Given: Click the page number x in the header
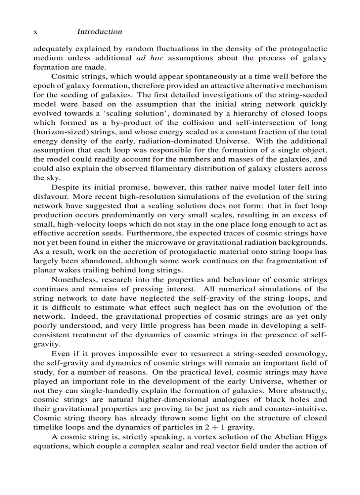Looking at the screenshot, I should coord(35,32).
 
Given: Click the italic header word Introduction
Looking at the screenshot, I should coord(99,32).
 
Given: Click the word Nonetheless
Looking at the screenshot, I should coord(72,280).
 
